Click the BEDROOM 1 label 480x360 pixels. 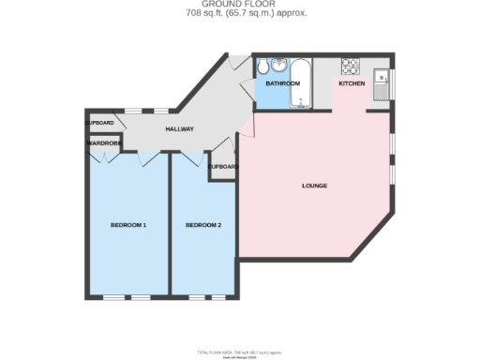(128, 225)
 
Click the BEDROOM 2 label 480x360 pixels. (202, 225)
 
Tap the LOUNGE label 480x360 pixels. (314, 186)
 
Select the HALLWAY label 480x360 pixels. (180, 128)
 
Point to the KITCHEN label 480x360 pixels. (352, 83)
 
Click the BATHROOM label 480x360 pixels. (282, 83)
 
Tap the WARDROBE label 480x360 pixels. (104, 143)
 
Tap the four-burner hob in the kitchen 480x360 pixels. (351, 66)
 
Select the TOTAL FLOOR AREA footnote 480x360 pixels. (239, 352)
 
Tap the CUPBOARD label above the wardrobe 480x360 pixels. (99, 123)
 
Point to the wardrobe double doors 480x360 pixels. (104, 156)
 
